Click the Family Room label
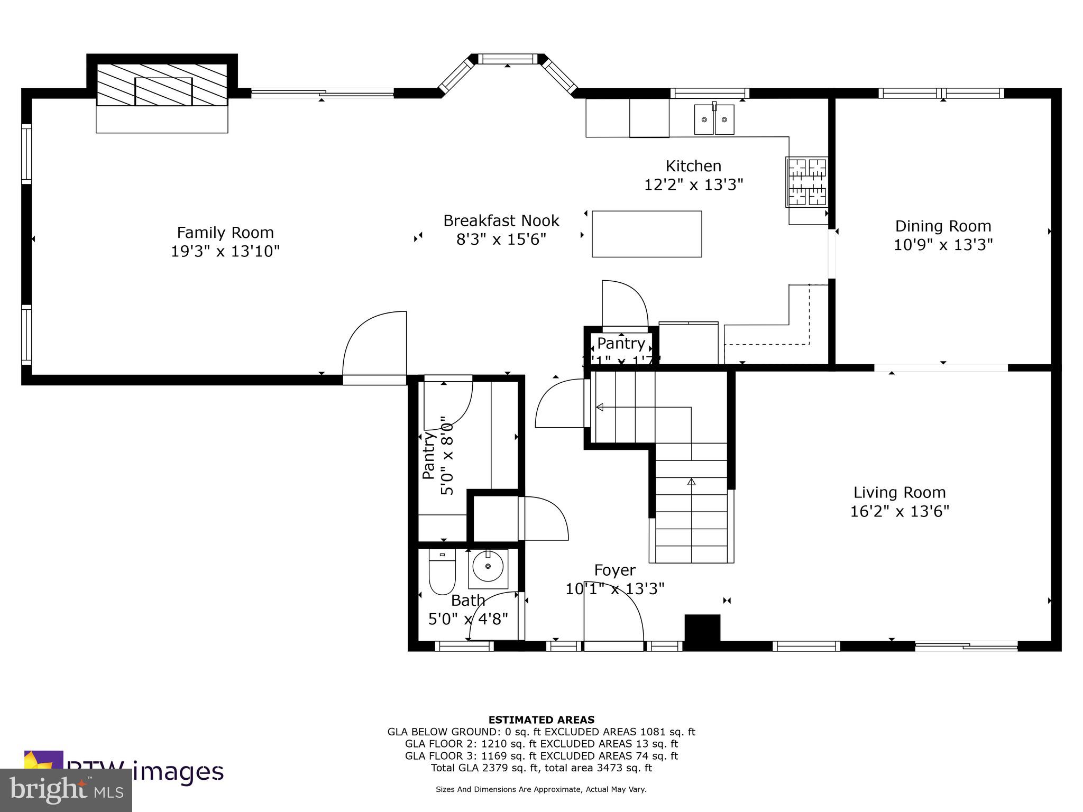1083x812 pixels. pos(225,233)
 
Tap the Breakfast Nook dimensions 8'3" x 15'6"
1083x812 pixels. pos(501,239)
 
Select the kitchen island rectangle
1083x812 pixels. pos(646,234)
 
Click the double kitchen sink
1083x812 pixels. pos(714,119)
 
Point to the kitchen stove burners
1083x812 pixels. pos(807,182)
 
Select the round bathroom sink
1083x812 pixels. pos(488,568)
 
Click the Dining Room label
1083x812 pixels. pos(943,226)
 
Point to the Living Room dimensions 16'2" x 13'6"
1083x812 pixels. pos(900,511)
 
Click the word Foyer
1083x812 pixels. pos(614,570)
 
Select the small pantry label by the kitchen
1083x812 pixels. pos(621,344)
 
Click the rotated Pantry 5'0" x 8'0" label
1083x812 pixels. pos(437,456)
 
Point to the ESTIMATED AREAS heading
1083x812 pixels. pos(541,719)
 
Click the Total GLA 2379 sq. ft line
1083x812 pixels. pos(541,768)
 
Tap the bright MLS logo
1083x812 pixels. pos(66,790)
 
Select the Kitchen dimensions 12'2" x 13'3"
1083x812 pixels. pos(693,184)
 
